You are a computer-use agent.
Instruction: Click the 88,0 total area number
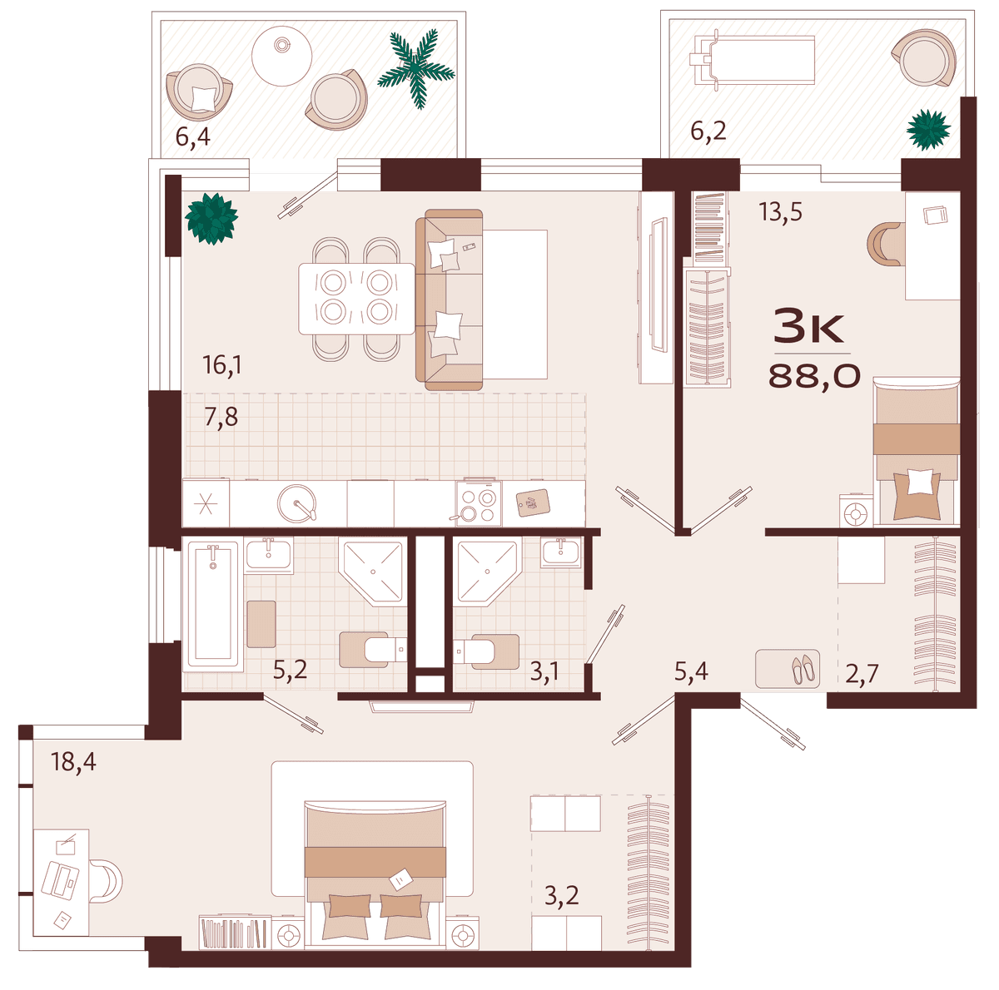813,376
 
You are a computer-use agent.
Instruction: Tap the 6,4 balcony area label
193,136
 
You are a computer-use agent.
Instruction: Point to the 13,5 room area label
780,212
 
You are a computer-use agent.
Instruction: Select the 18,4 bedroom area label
73,762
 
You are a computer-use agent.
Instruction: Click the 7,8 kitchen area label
221,418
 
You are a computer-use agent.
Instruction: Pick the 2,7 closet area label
862,674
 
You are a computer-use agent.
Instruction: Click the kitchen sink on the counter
297,503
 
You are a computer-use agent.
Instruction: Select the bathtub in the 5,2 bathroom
212,604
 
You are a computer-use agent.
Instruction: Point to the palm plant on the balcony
416,68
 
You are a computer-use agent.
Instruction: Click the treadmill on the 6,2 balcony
751,58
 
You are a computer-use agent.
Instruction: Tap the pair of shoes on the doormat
803,669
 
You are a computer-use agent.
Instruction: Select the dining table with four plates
356,299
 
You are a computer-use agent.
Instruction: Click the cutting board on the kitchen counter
533,502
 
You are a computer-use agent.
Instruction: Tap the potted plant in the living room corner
211,218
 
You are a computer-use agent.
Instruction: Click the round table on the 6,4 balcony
281,55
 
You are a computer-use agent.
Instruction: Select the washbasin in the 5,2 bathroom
269,554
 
